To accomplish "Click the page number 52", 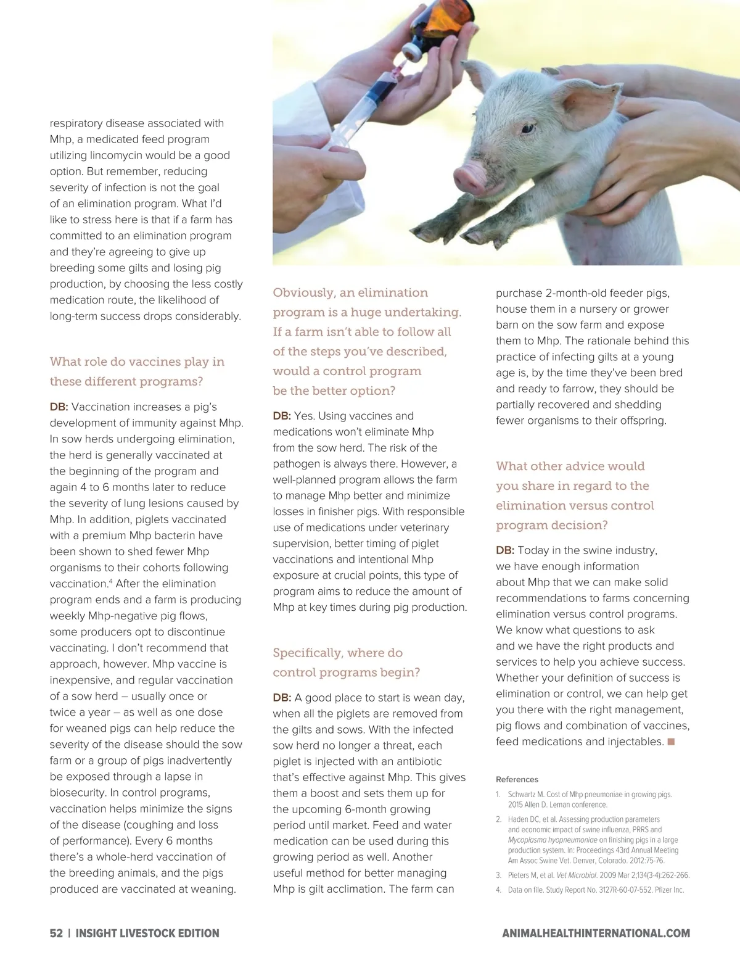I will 56,933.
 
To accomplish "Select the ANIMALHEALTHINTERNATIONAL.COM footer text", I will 596,933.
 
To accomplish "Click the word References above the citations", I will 517,779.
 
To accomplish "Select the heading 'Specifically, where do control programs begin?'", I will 346,663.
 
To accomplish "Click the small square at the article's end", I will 671,742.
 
